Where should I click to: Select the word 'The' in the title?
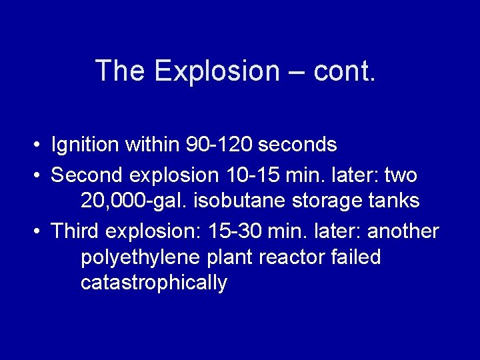pyautogui.click(x=119, y=71)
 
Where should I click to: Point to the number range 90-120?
pyautogui.click(x=220, y=144)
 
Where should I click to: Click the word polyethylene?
pyautogui.click(x=139, y=257)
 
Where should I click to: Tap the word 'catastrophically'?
pyautogui.click(x=154, y=283)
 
